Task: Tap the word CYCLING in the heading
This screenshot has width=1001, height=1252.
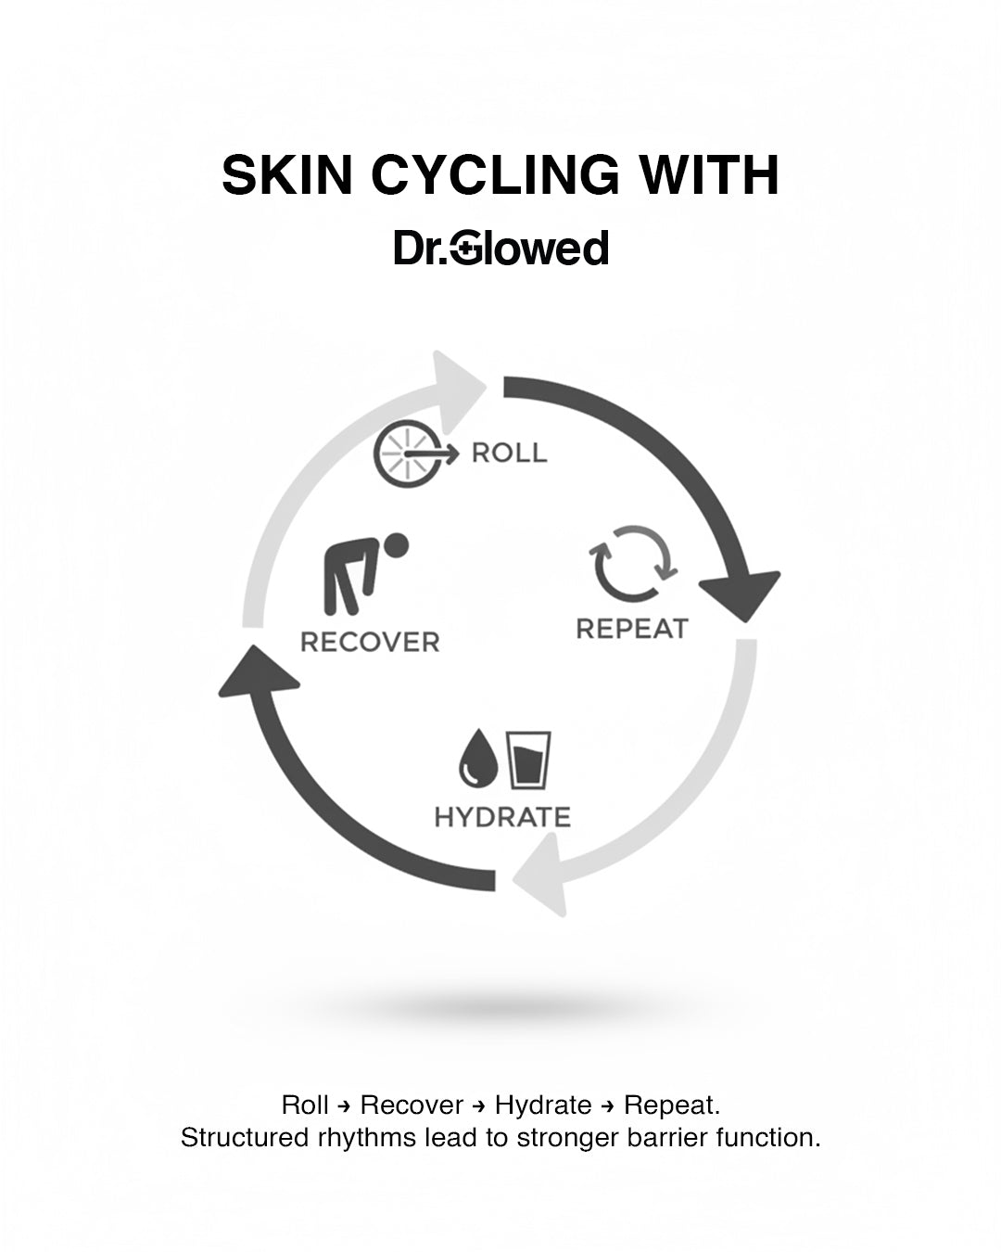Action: click(x=495, y=175)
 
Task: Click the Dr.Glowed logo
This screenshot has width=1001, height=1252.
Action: click(x=500, y=249)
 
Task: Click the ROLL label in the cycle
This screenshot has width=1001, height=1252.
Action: click(x=509, y=454)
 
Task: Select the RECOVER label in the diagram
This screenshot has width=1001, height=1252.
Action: click(x=370, y=642)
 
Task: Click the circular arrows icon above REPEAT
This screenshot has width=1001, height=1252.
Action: click(x=633, y=564)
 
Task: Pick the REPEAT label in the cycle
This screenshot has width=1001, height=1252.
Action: click(x=632, y=629)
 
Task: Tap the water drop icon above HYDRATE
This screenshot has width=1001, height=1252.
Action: click(x=478, y=760)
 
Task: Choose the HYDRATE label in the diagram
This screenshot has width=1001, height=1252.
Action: click(x=502, y=817)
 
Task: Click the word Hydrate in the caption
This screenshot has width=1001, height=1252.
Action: click(x=543, y=1105)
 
